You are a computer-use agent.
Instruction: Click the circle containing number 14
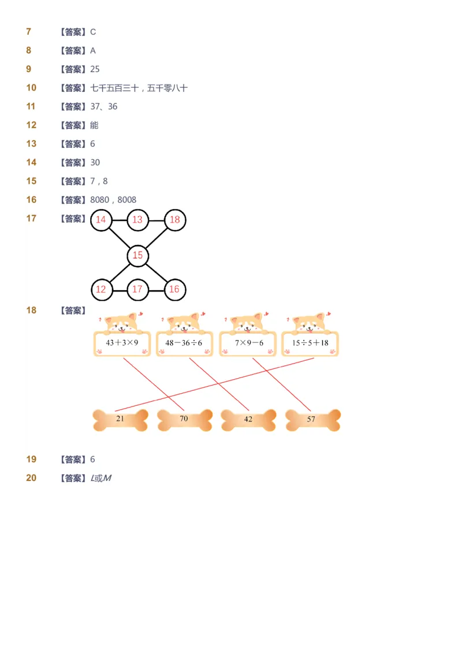(101, 220)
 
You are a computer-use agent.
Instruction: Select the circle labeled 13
(137, 220)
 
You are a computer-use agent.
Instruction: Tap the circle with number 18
(174, 220)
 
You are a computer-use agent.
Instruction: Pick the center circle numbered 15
(137, 255)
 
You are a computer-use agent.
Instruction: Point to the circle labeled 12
(101, 289)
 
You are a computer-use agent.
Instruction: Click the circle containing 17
(137, 289)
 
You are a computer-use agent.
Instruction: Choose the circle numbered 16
(174, 289)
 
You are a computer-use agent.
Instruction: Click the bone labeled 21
(120, 420)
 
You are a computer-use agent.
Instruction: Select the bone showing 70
(184, 420)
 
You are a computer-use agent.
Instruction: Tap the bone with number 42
(248, 420)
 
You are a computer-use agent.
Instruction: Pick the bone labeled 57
(312, 420)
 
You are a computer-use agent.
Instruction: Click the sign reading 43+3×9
(122, 343)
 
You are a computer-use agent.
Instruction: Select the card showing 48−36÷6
(184, 343)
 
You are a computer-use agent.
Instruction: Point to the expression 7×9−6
(248, 343)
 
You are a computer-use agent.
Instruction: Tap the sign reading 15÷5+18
(310, 343)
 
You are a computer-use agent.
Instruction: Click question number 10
(31, 88)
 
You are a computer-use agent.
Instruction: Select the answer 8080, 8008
(113, 200)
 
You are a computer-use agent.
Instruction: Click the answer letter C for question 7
(93, 32)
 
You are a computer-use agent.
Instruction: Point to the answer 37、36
(104, 106)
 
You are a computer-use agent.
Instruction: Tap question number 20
(31, 478)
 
